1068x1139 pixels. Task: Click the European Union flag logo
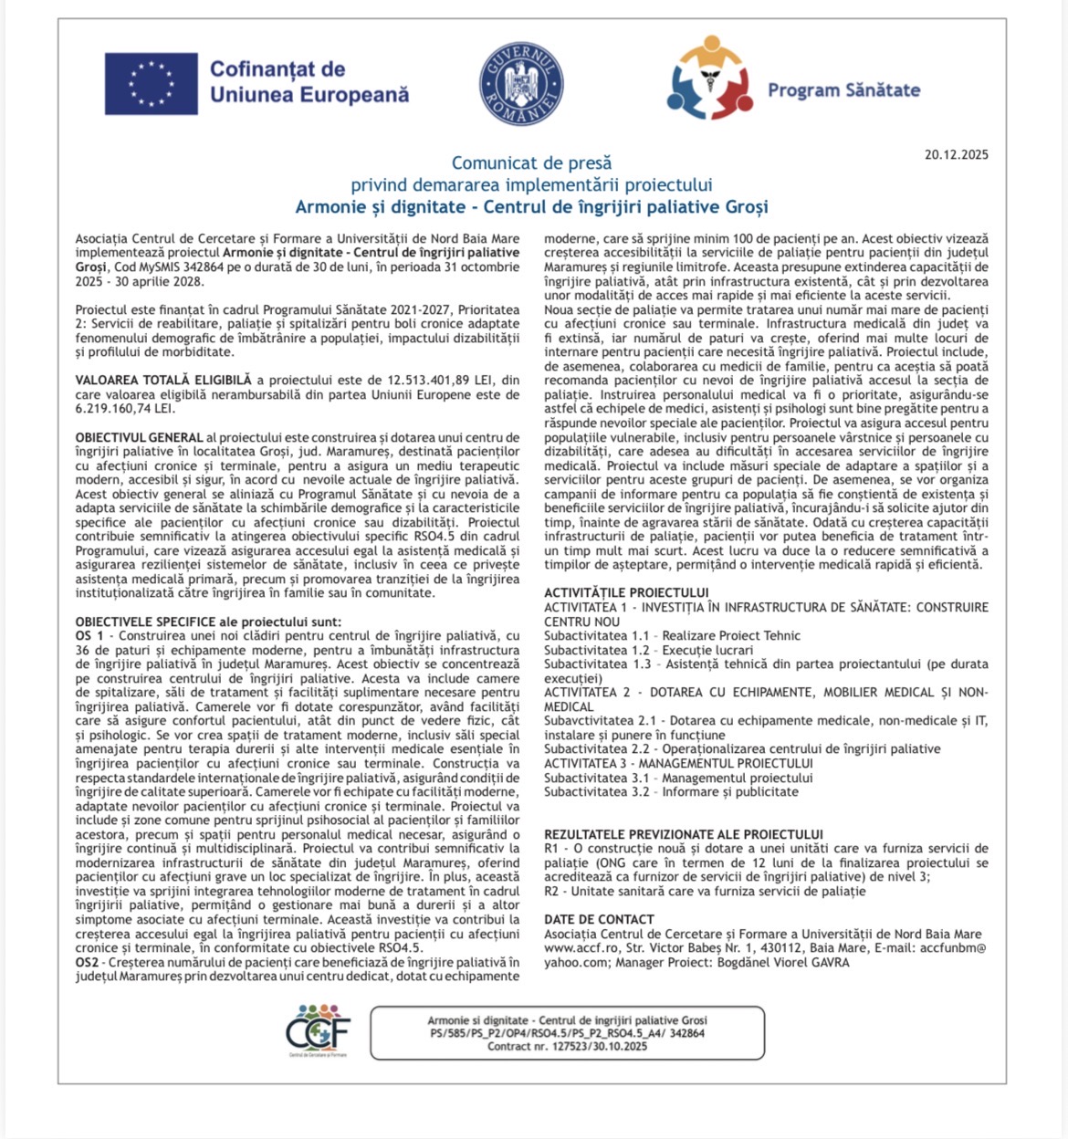(151, 84)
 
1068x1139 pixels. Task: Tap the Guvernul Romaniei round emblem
(521, 83)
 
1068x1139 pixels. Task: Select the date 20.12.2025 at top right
(956, 154)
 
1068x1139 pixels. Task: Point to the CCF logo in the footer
(318, 1031)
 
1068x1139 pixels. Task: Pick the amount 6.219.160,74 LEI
(125, 408)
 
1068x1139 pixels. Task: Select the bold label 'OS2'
(87, 962)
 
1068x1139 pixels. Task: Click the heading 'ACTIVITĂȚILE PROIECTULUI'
(626, 593)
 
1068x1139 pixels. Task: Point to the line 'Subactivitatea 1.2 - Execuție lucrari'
(649, 650)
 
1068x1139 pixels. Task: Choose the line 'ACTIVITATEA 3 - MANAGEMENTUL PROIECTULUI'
(678, 763)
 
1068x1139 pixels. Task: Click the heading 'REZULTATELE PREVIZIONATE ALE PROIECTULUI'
(684, 834)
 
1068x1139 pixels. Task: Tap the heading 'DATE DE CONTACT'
(599, 919)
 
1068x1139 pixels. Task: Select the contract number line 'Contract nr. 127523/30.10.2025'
(567, 1046)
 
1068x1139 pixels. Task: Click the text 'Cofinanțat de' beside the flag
(277, 69)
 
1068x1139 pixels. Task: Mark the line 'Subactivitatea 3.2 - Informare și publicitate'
(671, 791)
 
